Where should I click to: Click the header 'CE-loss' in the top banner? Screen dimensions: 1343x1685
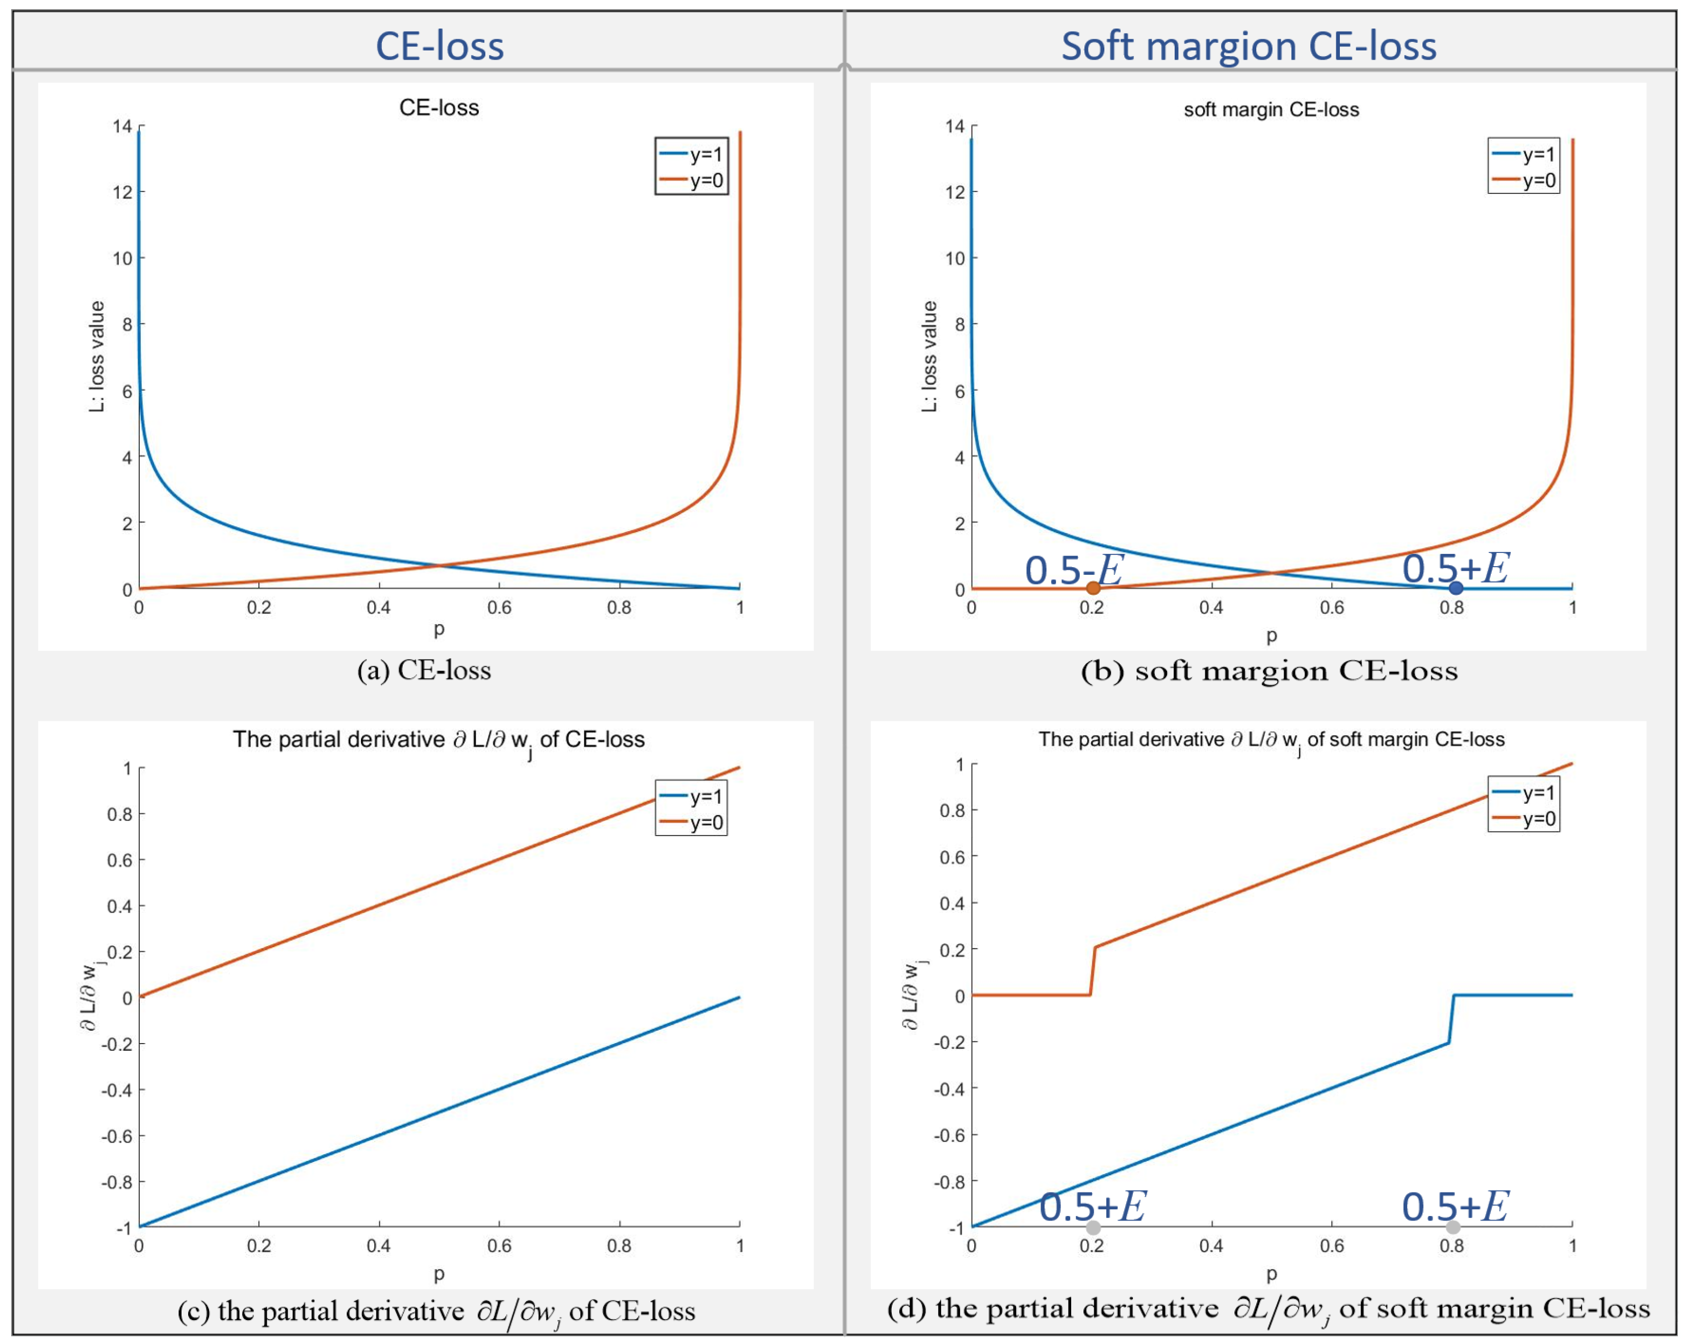pyautogui.click(x=440, y=45)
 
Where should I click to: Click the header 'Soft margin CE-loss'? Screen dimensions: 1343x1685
pyautogui.click(x=1248, y=45)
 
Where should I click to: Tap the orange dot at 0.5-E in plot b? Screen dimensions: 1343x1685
pyautogui.click(x=1093, y=588)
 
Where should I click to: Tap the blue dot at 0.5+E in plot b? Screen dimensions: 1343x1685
pyautogui.click(x=1455, y=588)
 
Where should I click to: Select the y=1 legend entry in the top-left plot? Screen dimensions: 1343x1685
pyautogui.click(x=692, y=154)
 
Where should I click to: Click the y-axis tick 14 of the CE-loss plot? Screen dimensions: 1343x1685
pyautogui.click(x=123, y=126)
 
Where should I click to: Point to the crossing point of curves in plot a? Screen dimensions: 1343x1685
pyautogui.click(x=439, y=565)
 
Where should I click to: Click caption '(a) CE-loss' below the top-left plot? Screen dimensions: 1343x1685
pyautogui.click(x=424, y=670)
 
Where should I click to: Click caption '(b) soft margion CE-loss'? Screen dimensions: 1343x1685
pyautogui.click(x=1269, y=671)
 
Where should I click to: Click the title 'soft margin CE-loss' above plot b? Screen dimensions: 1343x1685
pyautogui.click(x=1271, y=110)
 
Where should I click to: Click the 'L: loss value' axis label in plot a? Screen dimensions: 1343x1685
pyautogui.click(x=96, y=357)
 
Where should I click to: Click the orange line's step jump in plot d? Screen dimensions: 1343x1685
pyautogui.click(x=1093, y=971)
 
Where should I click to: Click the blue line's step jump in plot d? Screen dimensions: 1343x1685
pyautogui.click(x=1451, y=1019)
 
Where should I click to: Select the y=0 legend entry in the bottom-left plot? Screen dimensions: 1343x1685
pyautogui.click(x=692, y=822)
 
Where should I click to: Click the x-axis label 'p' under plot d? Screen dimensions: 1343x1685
pyautogui.click(x=1272, y=1274)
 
